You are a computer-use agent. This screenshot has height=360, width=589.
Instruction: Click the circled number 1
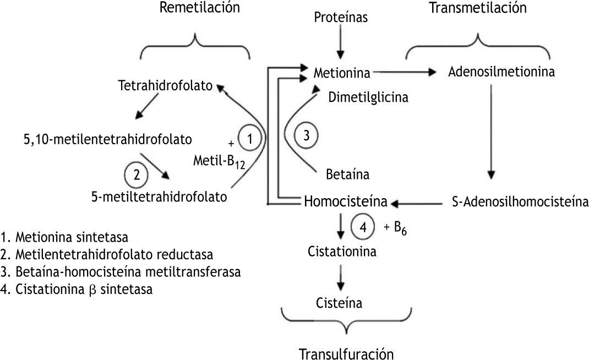tap(250, 139)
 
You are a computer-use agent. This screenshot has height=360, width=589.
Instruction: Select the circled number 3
tap(306, 135)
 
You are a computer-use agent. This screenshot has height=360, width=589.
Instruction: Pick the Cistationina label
tap(342, 252)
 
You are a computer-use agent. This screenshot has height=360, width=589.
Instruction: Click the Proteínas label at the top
tap(341, 18)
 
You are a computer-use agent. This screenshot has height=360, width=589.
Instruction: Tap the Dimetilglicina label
tap(368, 98)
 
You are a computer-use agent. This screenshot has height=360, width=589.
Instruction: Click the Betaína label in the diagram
tap(347, 176)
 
